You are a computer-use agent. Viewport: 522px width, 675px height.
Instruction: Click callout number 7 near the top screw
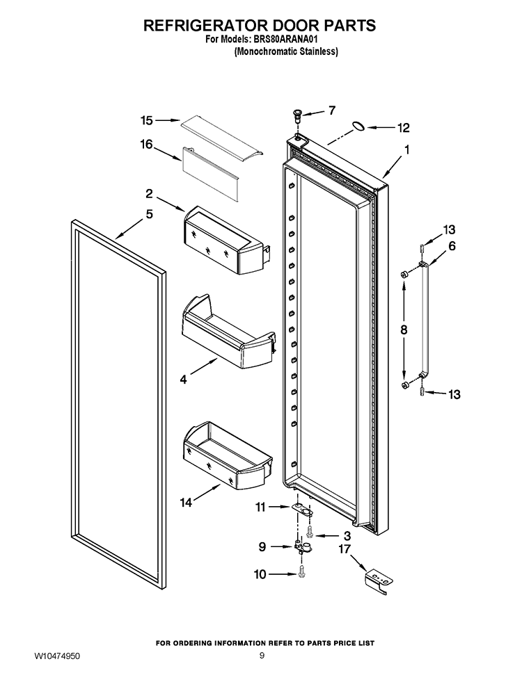[x=332, y=110]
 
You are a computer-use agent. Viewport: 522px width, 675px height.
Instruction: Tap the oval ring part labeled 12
[x=358, y=127]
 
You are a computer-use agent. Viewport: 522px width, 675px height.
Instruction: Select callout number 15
[x=146, y=120]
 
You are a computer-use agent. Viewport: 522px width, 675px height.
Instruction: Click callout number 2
[x=149, y=193]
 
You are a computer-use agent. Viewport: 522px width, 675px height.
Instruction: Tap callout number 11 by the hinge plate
[x=261, y=507]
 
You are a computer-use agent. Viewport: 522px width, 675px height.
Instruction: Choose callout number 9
[x=262, y=547]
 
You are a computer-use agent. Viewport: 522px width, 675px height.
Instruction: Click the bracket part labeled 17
[x=379, y=580]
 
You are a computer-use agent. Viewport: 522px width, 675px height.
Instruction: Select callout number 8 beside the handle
[x=404, y=332]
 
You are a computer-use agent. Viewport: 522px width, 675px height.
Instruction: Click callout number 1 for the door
[x=406, y=149]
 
